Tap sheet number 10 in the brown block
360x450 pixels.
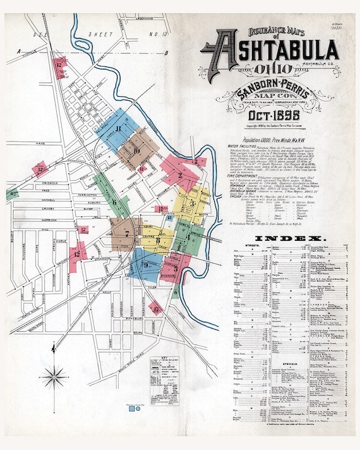pyautogui.click(x=135, y=150)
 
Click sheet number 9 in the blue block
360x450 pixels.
pyautogui.click(x=146, y=265)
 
